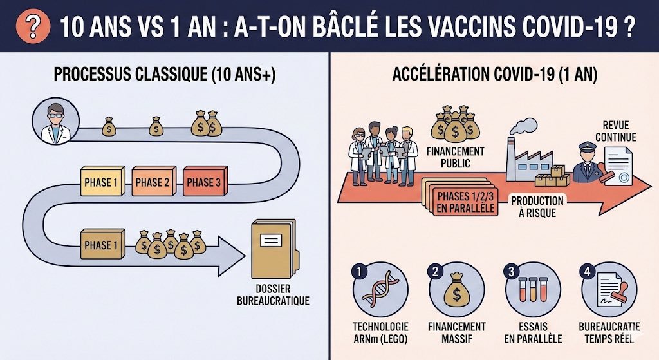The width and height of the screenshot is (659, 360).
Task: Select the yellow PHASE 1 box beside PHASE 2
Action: click(x=101, y=182)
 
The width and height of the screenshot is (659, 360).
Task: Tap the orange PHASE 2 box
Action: click(x=153, y=182)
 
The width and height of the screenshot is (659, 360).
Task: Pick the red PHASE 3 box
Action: click(x=203, y=182)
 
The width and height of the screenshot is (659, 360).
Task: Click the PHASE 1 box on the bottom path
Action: click(x=101, y=245)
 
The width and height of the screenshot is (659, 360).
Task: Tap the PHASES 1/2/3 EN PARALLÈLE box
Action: click(x=461, y=202)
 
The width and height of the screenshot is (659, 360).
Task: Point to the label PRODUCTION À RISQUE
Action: click(x=537, y=206)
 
